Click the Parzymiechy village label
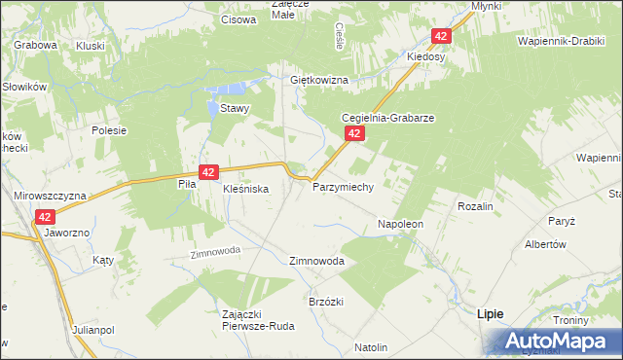tap(343, 187)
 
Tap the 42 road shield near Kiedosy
tap(442, 36)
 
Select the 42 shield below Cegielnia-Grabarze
tap(355, 134)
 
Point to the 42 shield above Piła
tap(207, 171)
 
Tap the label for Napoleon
tap(400, 224)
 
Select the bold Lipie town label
tap(490, 315)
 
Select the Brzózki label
tap(325, 302)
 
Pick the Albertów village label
tap(545, 244)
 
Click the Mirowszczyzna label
tap(50, 195)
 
